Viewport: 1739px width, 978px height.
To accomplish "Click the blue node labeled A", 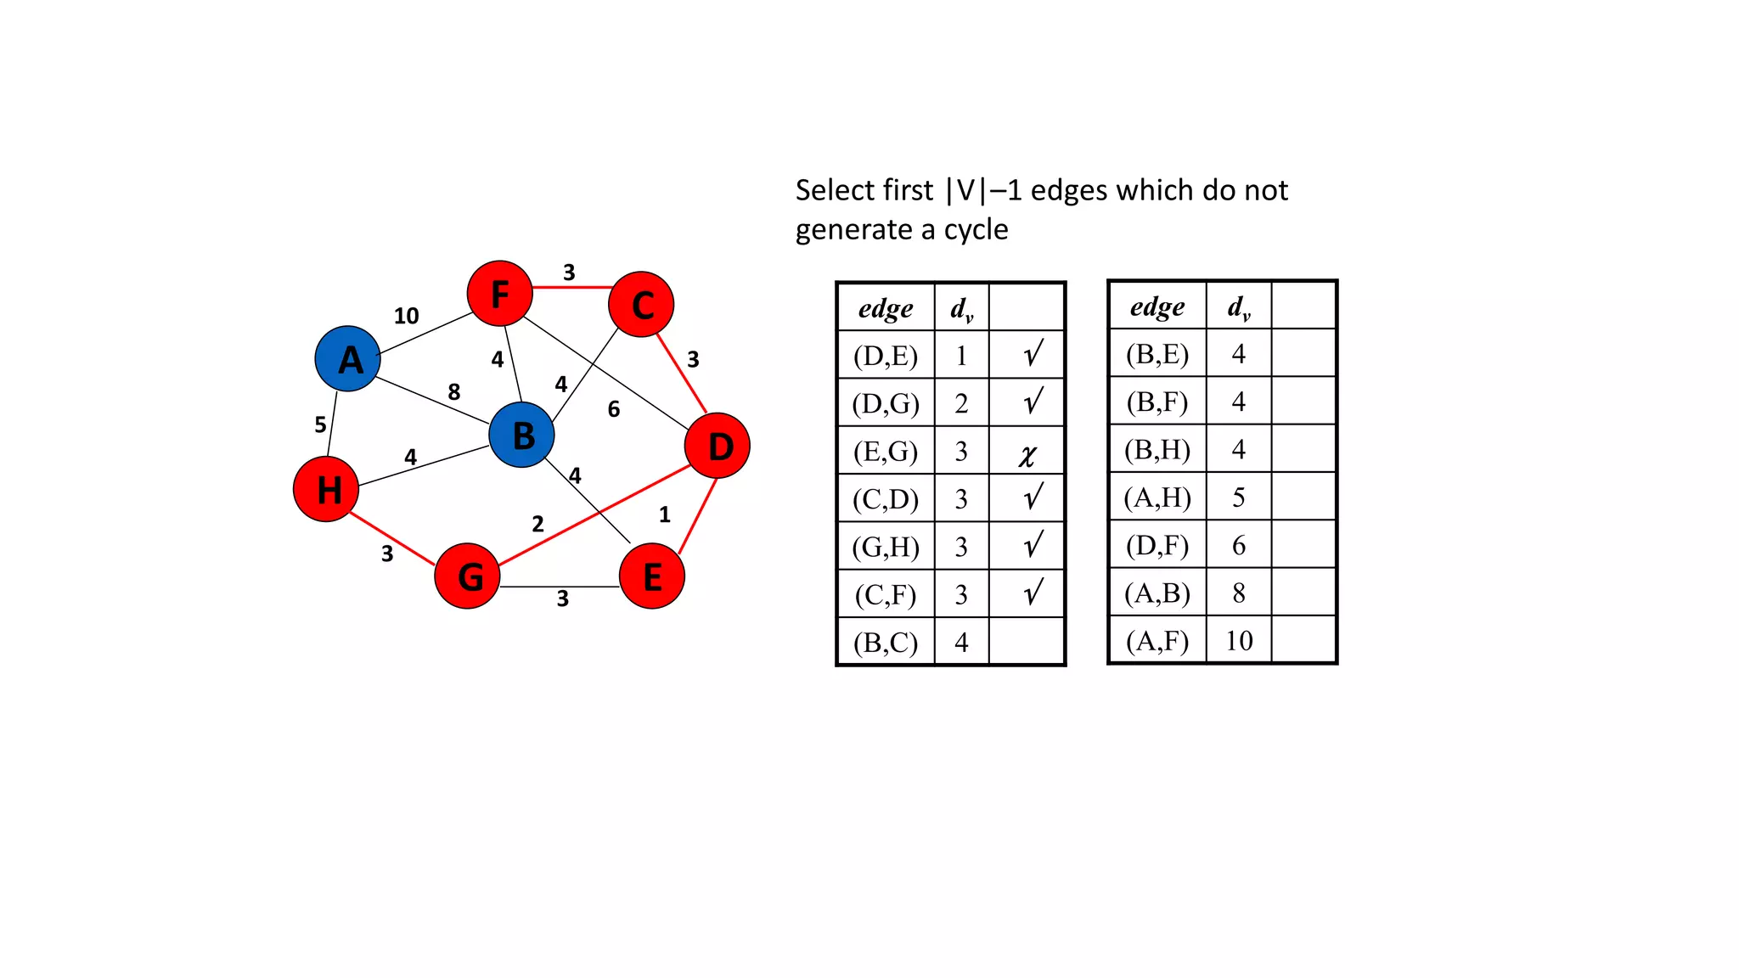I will (x=347, y=358).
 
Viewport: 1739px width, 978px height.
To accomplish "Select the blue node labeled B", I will (x=521, y=435).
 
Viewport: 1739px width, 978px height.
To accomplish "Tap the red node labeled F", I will (x=499, y=294).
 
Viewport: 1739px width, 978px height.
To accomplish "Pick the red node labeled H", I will (x=326, y=489).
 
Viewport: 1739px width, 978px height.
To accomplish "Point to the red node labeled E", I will (x=652, y=576).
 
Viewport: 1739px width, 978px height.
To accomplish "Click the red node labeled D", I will (x=718, y=445).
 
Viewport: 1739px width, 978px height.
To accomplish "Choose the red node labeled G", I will (x=467, y=576).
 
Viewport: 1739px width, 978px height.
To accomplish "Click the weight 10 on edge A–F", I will (x=406, y=316).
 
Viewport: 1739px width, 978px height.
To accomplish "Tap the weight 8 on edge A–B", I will (x=454, y=391).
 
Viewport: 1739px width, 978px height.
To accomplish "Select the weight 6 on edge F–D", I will (x=614, y=409).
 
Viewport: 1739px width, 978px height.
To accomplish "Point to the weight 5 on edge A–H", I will (x=320, y=424).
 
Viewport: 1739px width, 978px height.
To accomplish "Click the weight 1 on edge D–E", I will (x=665, y=514).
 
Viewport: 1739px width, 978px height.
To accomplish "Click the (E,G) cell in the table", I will (x=886, y=451).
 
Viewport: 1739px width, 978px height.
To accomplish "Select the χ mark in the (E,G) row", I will (x=1027, y=455).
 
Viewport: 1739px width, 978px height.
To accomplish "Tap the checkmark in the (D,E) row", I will (x=1033, y=353).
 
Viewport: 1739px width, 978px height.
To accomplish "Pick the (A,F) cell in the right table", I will (x=1157, y=640).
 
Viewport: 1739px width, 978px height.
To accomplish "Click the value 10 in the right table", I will (x=1239, y=640).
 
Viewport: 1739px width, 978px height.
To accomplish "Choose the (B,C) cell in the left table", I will (x=886, y=643).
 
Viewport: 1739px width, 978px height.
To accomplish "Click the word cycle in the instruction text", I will (x=976, y=230).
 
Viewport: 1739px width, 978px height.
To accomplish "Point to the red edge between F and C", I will (x=571, y=288).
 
